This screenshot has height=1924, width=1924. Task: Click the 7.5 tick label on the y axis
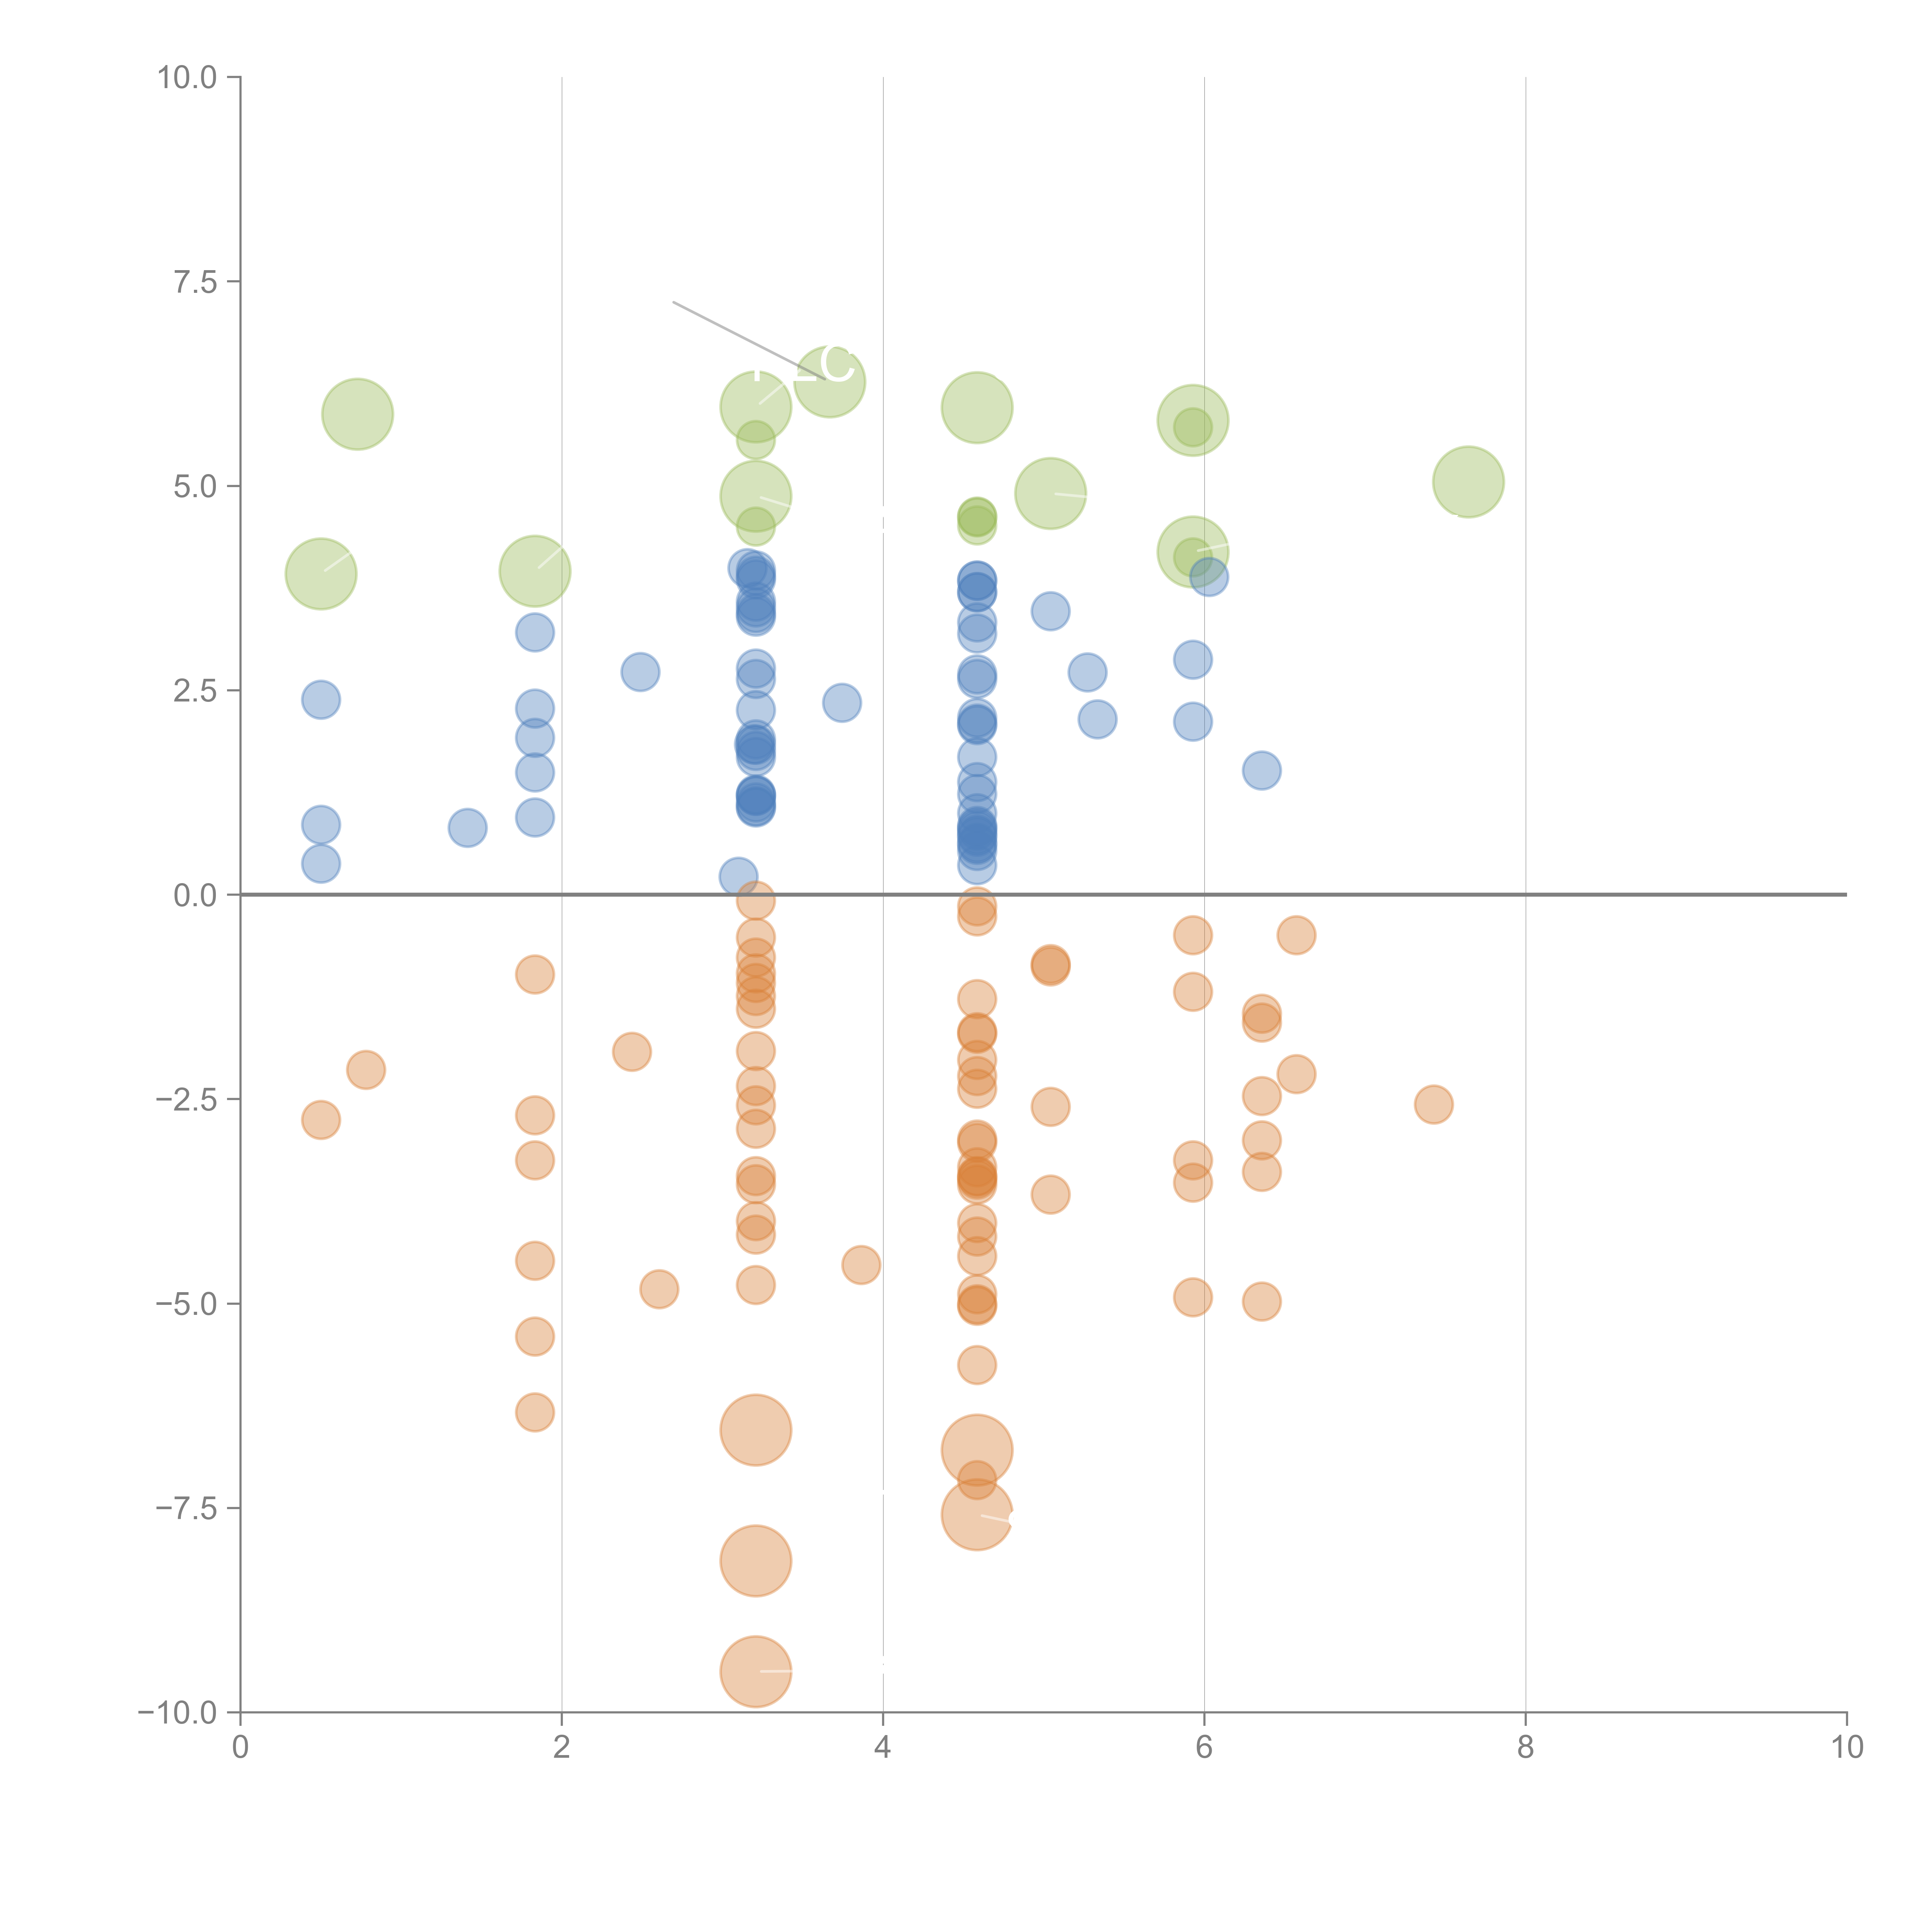195,282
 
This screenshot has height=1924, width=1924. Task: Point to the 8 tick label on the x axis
1526,1748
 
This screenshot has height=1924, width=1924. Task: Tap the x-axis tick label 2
562,1748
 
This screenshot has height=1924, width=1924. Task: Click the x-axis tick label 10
1846,1748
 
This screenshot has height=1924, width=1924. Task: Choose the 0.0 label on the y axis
195,895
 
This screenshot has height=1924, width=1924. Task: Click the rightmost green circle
1468,482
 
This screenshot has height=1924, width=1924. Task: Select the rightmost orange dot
1433,1103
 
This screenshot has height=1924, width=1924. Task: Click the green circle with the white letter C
830,381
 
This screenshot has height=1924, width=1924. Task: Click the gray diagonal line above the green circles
737,335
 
